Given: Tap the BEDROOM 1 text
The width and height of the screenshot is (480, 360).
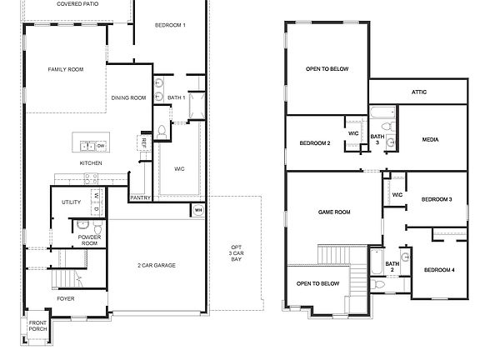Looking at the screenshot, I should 170,25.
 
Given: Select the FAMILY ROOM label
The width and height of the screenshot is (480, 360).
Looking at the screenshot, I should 64,69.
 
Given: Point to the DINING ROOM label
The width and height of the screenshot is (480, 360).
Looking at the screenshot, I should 128,97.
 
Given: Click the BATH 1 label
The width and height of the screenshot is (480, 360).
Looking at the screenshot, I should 176,97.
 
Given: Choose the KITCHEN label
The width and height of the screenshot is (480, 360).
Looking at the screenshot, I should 91,162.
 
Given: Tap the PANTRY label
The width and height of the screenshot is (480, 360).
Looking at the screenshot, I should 140,197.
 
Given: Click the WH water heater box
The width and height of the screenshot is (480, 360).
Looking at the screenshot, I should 198,210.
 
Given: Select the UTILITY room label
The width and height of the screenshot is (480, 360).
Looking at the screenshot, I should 71,202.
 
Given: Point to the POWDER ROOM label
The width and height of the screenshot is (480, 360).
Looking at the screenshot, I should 90,240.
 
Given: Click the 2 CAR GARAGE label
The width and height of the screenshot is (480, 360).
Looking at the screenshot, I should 157,265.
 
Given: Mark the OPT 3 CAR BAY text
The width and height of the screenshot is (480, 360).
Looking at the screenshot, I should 236,254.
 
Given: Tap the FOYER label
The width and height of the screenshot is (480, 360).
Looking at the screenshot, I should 66,297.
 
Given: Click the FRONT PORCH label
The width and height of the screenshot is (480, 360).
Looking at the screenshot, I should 38,326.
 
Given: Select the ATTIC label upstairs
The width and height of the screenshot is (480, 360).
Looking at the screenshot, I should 419,92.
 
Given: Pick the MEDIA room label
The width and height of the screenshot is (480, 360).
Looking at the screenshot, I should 430,139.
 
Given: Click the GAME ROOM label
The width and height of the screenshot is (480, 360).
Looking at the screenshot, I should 334,212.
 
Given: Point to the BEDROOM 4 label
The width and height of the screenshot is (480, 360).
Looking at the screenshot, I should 439,269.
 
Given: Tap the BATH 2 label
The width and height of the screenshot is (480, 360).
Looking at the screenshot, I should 392,267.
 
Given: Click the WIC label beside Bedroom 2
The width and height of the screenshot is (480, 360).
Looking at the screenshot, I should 353,132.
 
